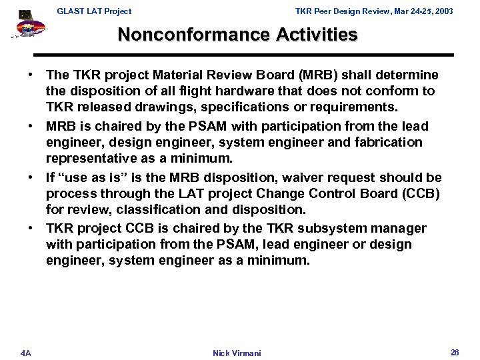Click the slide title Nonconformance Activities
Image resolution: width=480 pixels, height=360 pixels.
tap(237, 34)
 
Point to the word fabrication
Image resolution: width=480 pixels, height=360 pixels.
tap(390, 142)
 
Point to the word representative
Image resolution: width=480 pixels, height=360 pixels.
tap(87, 157)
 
